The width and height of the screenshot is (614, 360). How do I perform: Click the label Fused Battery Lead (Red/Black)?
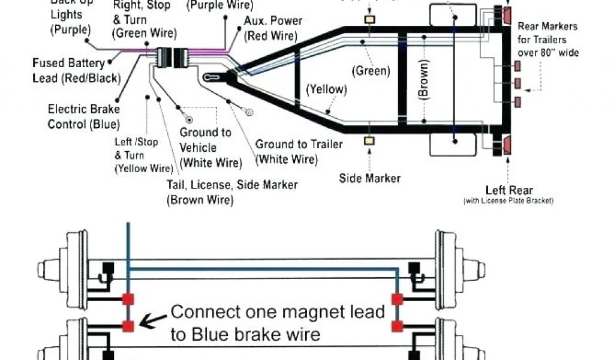pos(76,70)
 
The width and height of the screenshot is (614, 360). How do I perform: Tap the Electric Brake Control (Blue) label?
pos(83,116)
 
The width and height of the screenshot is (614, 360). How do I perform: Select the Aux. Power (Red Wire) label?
pos(272,28)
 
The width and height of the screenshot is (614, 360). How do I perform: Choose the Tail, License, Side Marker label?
pos(233,192)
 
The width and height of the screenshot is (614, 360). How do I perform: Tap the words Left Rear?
pos(509,190)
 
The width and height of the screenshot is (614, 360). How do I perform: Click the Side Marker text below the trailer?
pos(370,178)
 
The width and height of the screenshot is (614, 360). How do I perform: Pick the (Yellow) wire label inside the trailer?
pos(327,89)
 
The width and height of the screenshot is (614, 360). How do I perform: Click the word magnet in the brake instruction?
pos(314,312)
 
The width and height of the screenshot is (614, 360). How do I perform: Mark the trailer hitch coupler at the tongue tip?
pos(213,77)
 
